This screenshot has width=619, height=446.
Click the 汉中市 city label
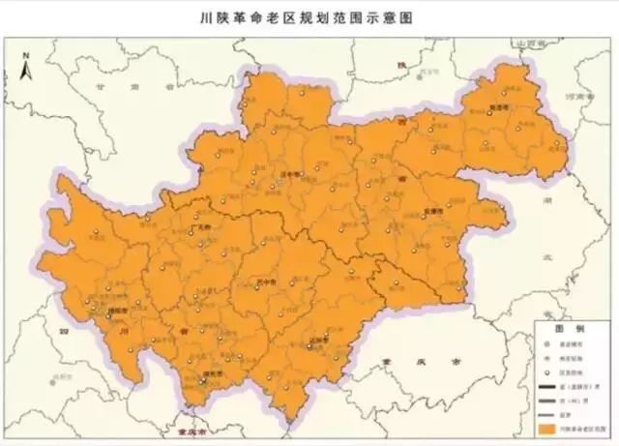coord(286,175)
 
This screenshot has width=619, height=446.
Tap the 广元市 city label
coord(204,226)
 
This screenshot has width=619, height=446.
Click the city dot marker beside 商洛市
coord(489,114)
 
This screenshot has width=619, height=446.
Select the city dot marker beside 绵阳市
coord(107,316)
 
